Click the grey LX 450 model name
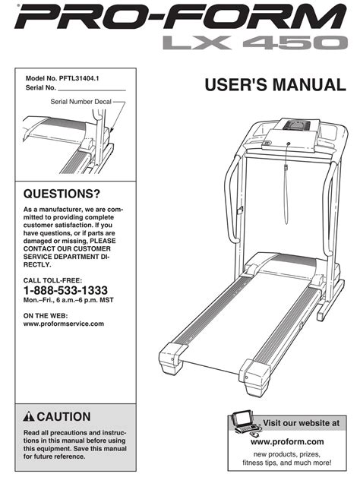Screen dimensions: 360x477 pyautogui.click(x=255, y=43)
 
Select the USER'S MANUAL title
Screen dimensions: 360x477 pyautogui.click(x=276, y=85)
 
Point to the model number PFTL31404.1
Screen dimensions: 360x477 pyautogui.click(x=79, y=78)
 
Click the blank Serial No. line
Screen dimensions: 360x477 pyautogui.click(x=92, y=90)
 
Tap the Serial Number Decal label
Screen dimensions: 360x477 pyautogui.click(x=81, y=102)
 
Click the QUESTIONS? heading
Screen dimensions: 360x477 pyautogui.click(x=62, y=194)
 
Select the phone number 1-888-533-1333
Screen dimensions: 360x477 pyautogui.click(x=65, y=290)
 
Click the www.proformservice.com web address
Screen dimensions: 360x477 pyautogui.click(x=64, y=324)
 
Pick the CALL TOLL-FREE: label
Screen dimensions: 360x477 pyautogui.click(x=52, y=280)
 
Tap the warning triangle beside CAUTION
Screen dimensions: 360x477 pyautogui.click(x=29, y=416)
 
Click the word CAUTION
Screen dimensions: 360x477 pyautogui.click(x=64, y=416)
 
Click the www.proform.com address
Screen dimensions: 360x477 pyautogui.click(x=287, y=441)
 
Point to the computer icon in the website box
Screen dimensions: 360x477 pyautogui.click(x=245, y=423)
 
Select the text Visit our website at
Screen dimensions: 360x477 pyautogui.click(x=301, y=423)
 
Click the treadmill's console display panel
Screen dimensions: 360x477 pyautogui.click(x=297, y=125)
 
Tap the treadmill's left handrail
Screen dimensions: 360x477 pyautogui.click(x=232, y=199)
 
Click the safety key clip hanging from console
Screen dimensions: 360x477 pyautogui.click(x=286, y=168)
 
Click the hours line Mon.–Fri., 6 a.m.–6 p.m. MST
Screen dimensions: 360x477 pyautogui.click(x=68, y=300)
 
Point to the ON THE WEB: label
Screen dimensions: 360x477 pyautogui.click(x=46, y=316)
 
